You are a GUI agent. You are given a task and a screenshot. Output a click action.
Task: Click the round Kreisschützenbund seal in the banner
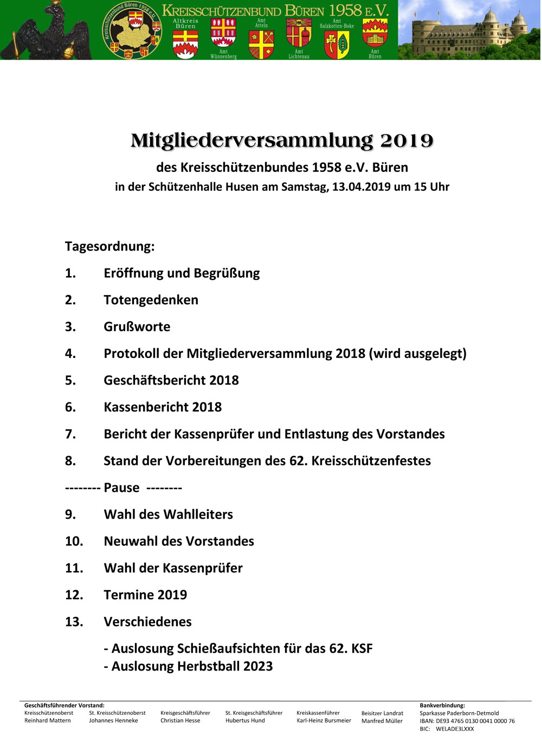[x=132, y=30]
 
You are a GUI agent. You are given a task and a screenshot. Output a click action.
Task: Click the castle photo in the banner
[x=469, y=30]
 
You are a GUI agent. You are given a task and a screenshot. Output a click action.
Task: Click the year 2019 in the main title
[x=406, y=141]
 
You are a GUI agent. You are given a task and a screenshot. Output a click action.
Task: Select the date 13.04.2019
[x=362, y=187]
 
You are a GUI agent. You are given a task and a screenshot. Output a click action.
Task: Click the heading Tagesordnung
[x=109, y=246]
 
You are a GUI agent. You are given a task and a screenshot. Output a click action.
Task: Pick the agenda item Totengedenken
[x=151, y=300]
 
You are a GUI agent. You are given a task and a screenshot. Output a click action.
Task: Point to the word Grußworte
[x=137, y=327]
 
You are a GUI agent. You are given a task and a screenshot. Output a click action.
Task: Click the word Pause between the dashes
[x=121, y=488]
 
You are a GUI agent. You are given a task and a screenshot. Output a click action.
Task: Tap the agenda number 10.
[x=74, y=541]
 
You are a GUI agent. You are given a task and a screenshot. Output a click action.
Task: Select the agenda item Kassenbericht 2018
[x=163, y=407]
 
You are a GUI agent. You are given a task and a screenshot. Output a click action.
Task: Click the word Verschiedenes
[x=147, y=622]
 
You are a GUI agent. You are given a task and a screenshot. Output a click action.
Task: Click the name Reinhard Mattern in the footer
[x=48, y=721]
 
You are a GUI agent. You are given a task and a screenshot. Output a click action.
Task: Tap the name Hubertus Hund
[x=245, y=721]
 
